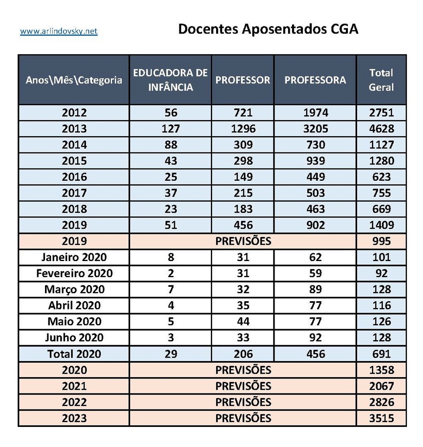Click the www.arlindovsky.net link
point(58,31)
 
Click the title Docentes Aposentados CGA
point(268,29)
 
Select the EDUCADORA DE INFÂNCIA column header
point(170,80)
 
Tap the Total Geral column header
point(381,80)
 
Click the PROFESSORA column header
point(315,80)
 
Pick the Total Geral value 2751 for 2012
point(381,113)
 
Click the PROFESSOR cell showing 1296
point(243,129)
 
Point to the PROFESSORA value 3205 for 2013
point(315,129)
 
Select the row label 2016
point(74,177)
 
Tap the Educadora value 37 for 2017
point(170,193)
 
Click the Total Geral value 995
point(381,241)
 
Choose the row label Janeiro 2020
point(74,257)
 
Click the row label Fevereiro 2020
point(74,273)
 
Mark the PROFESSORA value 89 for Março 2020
point(315,289)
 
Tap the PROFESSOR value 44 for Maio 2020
point(243,322)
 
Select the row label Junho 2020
point(74,337)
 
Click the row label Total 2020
point(74,354)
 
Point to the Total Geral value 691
point(381,354)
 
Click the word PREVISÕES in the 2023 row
point(243,418)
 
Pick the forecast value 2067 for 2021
point(381,386)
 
